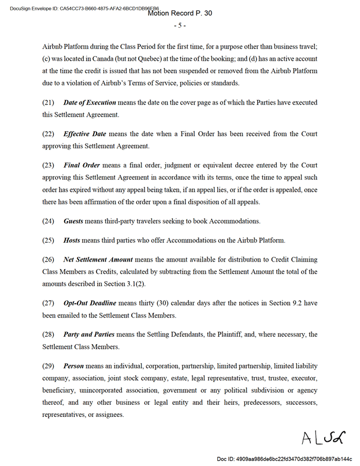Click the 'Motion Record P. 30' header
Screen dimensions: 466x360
tap(179, 13)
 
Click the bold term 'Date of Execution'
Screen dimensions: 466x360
tap(90, 102)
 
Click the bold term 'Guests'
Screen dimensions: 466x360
tap(73, 221)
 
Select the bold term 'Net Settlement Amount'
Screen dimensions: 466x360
tap(98, 259)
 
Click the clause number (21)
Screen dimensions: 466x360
tap(49, 102)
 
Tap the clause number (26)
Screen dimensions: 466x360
tap(49, 259)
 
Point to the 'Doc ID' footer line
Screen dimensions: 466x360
tap(284, 458)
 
